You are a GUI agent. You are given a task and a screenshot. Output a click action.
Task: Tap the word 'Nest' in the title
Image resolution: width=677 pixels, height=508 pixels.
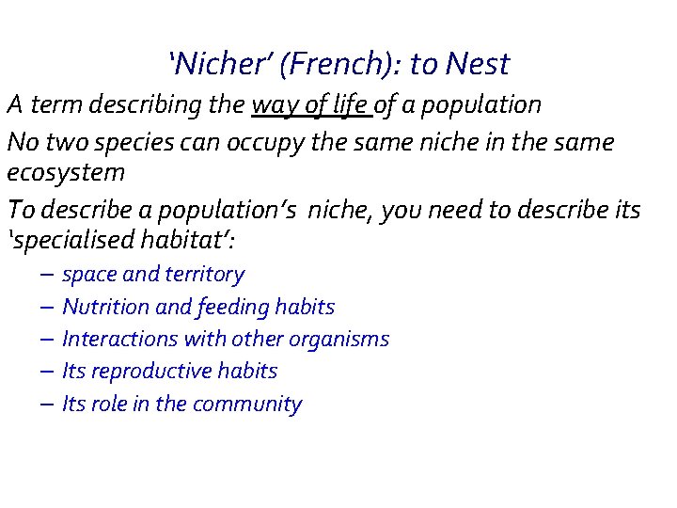(x=478, y=64)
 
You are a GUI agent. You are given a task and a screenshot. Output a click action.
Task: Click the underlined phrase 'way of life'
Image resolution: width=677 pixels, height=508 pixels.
(x=311, y=104)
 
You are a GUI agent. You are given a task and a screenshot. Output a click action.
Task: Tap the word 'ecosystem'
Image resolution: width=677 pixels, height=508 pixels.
(x=66, y=173)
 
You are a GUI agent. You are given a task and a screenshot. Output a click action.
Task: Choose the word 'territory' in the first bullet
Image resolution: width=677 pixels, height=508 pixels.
(x=204, y=275)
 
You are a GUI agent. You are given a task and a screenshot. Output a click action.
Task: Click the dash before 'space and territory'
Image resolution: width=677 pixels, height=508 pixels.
(x=47, y=276)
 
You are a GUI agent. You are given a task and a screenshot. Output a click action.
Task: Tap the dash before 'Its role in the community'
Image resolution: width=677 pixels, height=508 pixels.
(x=47, y=405)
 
